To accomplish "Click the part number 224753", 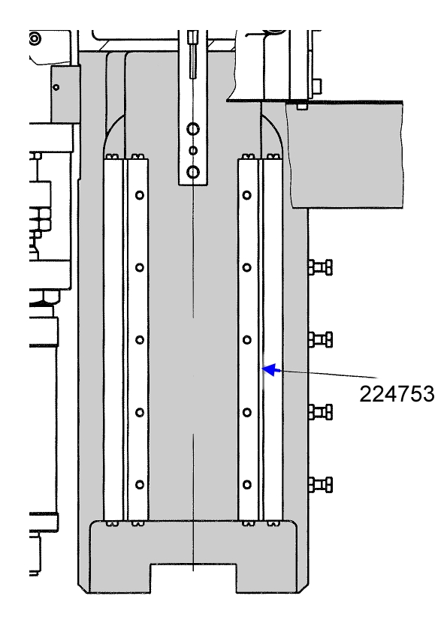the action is (397, 394).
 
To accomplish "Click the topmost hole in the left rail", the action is (140, 195).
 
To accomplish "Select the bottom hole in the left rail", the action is (140, 484).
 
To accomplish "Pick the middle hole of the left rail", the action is (140, 340).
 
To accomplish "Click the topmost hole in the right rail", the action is (247, 195).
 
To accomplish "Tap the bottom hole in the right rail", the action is (247, 484).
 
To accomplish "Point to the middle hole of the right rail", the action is (247, 340).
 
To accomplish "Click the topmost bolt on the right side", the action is (321, 267).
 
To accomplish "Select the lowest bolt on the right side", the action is (321, 484).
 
